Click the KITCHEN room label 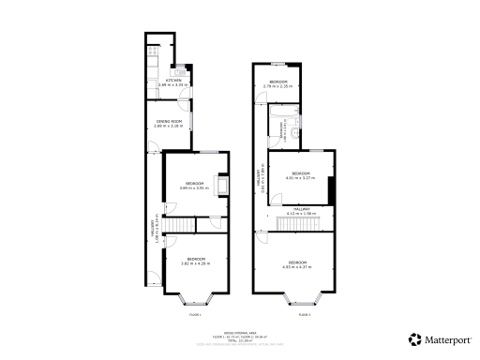[173, 81]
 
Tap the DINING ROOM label [169, 121]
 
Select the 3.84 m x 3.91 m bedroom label [195, 183]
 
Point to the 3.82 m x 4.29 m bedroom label [196, 258]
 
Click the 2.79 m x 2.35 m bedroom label [278, 82]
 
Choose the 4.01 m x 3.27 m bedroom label [300, 173]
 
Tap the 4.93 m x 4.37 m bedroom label [299, 262]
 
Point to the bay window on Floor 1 [197, 300]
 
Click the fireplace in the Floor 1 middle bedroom [221, 186]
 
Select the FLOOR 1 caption [196, 315]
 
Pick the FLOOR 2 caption [304, 315]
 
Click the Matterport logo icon [413, 338]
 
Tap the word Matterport [447, 339]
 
